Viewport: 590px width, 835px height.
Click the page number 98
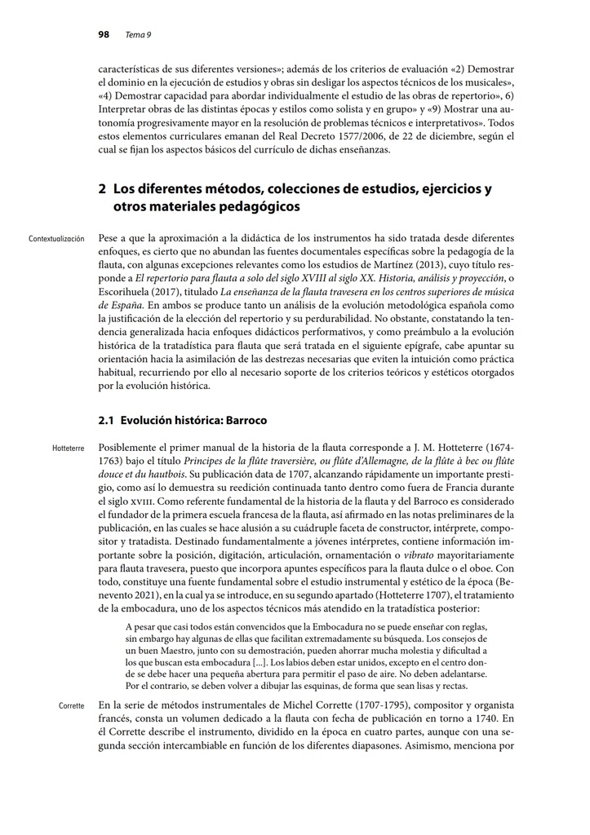click(x=104, y=34)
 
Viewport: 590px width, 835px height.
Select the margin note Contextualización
click(x=56, y=239)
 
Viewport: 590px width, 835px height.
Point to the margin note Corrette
click(x=71, y=705)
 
